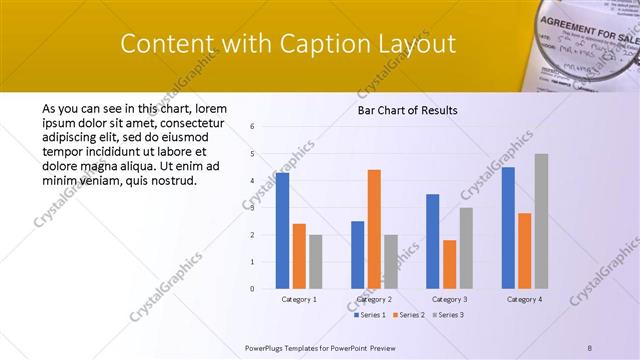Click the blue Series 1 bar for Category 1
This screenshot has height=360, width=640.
pos(282,231)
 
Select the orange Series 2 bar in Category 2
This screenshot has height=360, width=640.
pos(374,229)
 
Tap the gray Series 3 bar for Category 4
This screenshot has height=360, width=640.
pos(541,221)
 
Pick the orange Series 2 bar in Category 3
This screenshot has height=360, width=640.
pos(449,264)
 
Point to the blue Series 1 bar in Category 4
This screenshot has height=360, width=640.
pos(508,228)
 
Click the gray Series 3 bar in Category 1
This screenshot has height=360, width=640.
pos(316,261)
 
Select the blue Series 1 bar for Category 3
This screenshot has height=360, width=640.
pos(432,241)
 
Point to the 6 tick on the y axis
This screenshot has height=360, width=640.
pos(252,127)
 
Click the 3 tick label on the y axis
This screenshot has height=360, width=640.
pos(252,208)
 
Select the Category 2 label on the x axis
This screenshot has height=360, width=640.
pos(374,299)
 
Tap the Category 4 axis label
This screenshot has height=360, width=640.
pos(524,299)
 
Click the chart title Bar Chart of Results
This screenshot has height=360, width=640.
pos(407,110)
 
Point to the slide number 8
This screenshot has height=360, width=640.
pos(589,346)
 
